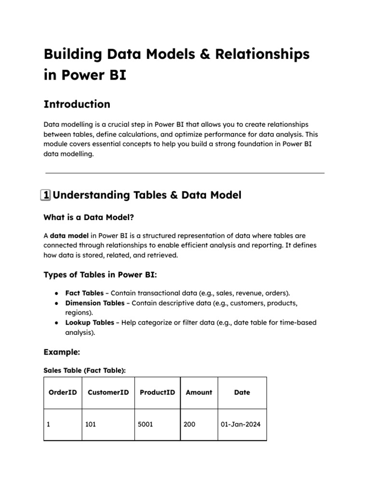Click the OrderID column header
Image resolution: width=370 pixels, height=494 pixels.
click(x=63, y=393)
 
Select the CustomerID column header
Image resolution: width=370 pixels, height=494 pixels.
click(x=108, y=393)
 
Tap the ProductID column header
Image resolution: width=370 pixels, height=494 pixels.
click(x=157, y=393)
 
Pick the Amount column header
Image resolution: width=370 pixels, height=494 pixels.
click(x=198, y=393)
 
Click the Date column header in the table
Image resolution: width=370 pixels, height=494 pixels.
click(x=242, y=393)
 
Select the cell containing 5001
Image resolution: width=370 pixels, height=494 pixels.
click(x=145, y=425)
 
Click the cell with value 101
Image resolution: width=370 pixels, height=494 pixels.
click(x=91, y=425)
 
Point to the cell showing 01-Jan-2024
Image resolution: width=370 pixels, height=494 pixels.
click(x=240, y=425)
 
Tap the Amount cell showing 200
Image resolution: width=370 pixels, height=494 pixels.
click(x=189, y=425)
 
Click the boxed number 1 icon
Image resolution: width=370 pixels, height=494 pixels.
click(x=47, y=195)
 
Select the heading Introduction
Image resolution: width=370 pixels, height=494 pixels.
click(x=77, y=104)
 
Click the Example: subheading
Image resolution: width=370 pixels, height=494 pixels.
click(x=61, y=352)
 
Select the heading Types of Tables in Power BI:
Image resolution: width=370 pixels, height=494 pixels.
click(x=100, y=274)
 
